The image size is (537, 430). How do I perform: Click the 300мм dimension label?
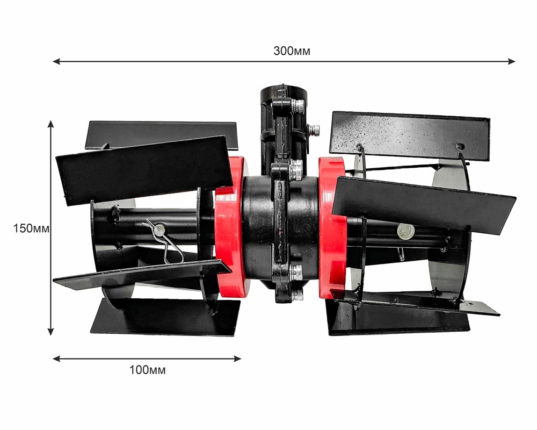(x=292, y=51)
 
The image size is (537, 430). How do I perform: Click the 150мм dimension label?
(x=31, y=228)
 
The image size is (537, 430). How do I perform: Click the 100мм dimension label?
(x=147, y=370)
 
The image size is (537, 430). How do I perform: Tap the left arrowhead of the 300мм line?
(x=56, y=61)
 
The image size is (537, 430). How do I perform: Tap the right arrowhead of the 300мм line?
(x=511, y=61)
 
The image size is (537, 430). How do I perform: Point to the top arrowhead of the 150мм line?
(x=50, y=124)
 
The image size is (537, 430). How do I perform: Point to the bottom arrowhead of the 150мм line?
(x=50, y=332)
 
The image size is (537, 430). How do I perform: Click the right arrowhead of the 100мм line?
(x=237, y=359)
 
